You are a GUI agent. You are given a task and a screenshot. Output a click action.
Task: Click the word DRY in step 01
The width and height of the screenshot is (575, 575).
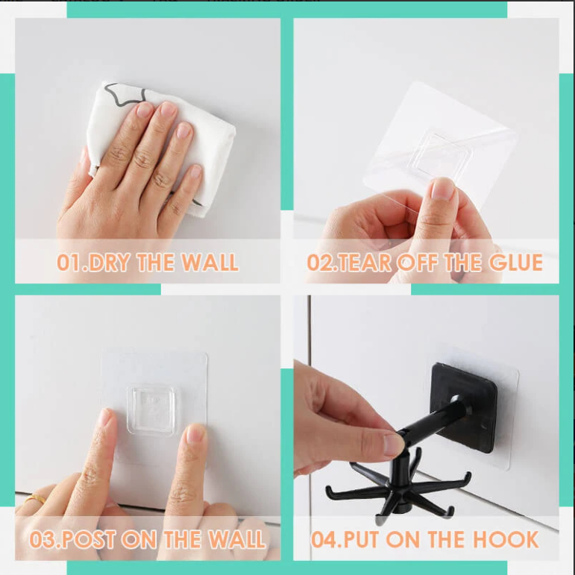[x=110, y=263]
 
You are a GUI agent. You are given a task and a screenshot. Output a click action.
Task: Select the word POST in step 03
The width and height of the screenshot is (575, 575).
[x=89, y=539]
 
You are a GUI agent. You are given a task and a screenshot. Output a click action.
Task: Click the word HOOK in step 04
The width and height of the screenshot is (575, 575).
[x=506, y=539]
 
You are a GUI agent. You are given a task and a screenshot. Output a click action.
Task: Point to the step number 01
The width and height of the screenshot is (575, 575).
[x=68, y=263]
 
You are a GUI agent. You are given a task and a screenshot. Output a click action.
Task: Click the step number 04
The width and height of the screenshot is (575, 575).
[x=323, y=539]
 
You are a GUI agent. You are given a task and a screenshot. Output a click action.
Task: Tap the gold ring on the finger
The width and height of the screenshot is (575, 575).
[x=36, y=498]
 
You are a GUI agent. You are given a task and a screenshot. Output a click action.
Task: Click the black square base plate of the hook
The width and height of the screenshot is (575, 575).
[x=465, y=407]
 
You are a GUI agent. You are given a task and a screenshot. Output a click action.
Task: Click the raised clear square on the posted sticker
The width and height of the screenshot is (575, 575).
[x=151, y=409]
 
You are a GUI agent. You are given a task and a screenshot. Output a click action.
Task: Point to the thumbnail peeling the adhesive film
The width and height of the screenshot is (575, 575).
[x=442, y=189]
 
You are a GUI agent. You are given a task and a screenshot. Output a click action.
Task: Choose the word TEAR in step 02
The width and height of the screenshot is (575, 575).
[x=364, y=263]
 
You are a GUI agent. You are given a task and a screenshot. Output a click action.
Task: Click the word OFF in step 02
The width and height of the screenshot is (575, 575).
[x=418, y=263]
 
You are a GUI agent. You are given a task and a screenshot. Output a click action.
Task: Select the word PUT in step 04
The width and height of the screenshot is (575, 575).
[x=362, y=539]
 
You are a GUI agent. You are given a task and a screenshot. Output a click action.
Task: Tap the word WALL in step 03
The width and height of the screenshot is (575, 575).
[x=236, y=539]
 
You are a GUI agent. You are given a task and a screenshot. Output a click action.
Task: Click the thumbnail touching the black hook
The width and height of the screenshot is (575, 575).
[x=393, y=444]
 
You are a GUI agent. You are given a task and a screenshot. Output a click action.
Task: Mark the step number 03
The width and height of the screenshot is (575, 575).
[x=42, y=539]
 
